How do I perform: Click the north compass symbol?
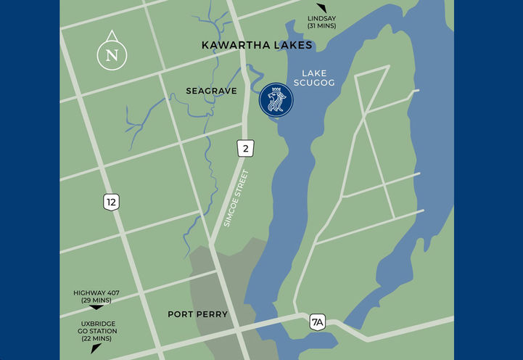point(112,52)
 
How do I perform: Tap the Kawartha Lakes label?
point(257,46)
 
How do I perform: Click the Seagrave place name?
point(212,91)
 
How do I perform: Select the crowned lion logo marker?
point(276,99)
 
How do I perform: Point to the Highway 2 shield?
point(244,149)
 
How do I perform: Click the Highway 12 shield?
point(111,202)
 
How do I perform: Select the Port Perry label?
point(197,314)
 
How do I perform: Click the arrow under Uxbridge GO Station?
point(96,348)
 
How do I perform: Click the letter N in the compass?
point(112,55)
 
